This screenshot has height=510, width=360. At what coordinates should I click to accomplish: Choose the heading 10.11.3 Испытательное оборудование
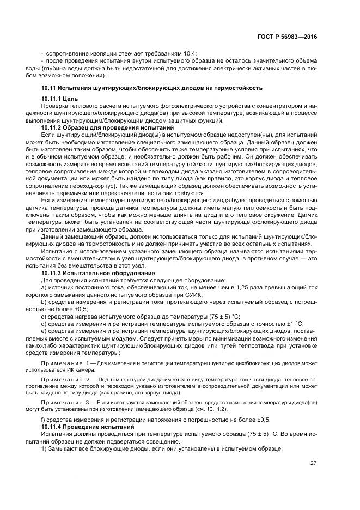coord(98,272)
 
